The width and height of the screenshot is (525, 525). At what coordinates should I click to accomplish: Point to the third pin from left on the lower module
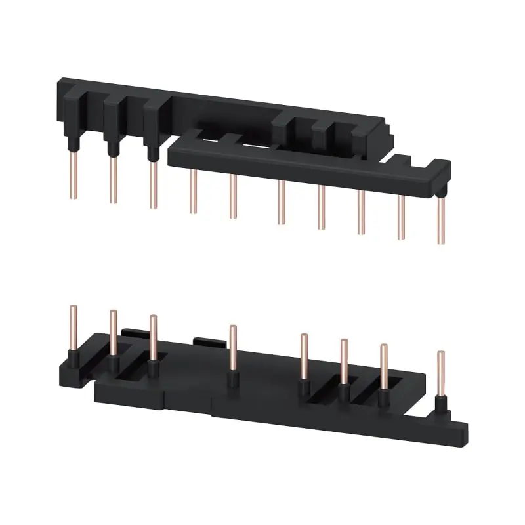[x=153, y=339]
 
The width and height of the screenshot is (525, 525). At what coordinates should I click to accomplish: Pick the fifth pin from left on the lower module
[x=304, y=358]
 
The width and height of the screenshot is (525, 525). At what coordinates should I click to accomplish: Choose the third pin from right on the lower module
[x=343, y=362]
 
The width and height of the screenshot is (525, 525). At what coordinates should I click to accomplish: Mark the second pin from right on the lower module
[x=383, y=367]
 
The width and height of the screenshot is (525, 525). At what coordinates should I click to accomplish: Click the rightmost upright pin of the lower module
[x=440, y=374]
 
